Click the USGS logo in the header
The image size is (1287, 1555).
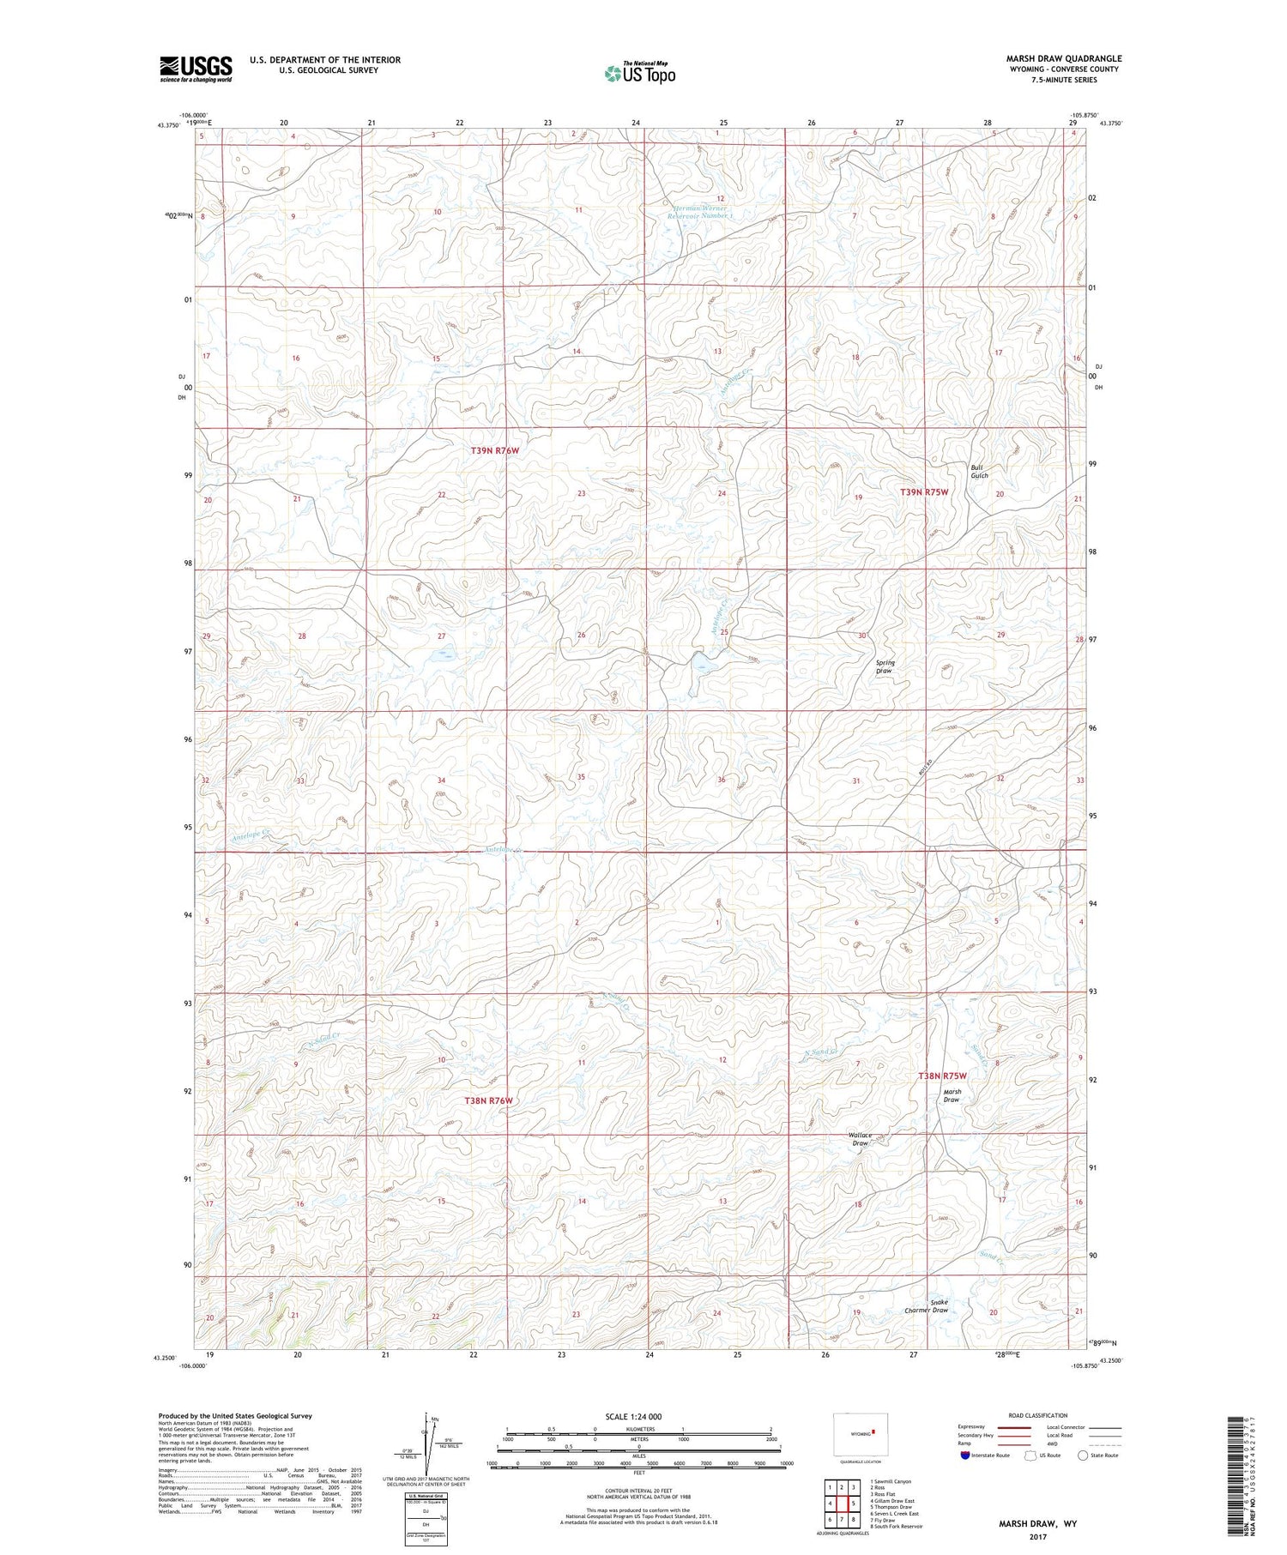click(196, 69)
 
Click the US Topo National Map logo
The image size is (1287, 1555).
click(639, 74)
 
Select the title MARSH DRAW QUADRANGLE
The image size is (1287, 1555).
click(1064, 58)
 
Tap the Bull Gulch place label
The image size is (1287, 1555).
click(979, 472)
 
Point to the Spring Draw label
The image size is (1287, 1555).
click(885, 666)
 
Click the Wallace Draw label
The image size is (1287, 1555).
click(860, 1139)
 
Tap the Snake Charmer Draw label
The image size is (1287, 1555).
click(927, 1305)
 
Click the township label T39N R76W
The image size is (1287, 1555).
click(495, 450)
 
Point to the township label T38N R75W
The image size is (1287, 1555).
click(942, 1076)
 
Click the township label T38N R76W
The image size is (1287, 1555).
click(488, 1100)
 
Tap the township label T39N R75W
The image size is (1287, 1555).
click(924, 492)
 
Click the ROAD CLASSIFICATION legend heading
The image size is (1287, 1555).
click(1038, 1415)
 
